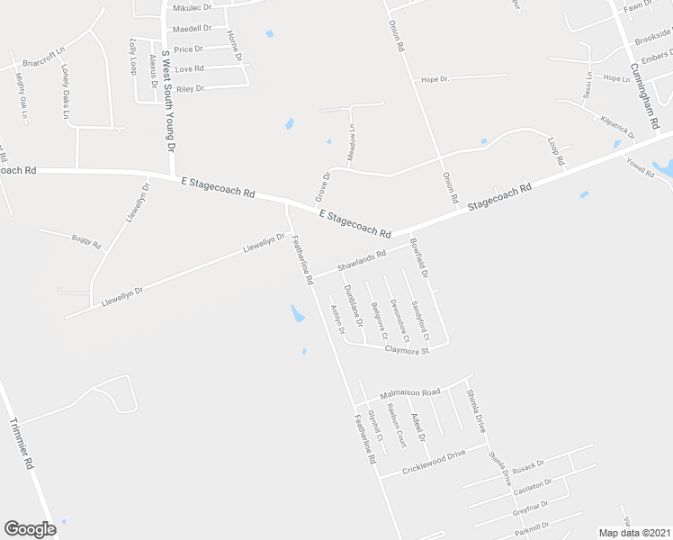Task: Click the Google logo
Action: [x=30, y=528]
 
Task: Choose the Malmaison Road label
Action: [x=409, y=393]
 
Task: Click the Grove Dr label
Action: [x=323, y=186]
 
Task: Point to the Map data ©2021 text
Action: [x=634, y=532]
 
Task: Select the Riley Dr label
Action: [x=190, y=88]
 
